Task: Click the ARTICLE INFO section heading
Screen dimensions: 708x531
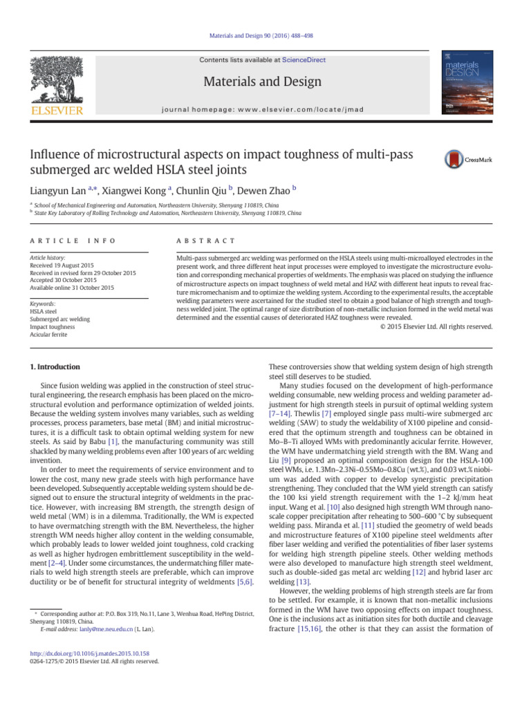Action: (67, 240)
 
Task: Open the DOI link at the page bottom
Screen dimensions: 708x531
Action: (96, 653)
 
